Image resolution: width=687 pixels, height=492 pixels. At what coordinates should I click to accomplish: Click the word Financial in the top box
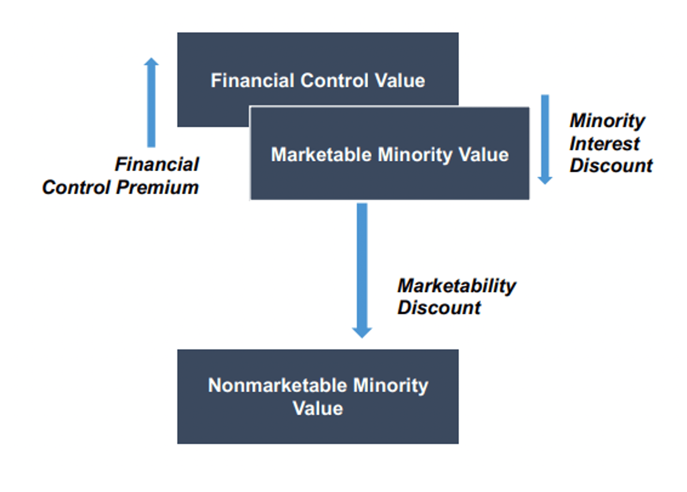tap(253, 80)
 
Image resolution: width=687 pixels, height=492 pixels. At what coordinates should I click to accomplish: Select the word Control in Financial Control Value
tap(335, 80)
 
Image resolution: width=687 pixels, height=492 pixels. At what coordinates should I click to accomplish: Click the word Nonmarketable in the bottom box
tap(278, 385)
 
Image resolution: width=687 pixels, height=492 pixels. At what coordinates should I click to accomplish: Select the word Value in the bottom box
tap(318, 408)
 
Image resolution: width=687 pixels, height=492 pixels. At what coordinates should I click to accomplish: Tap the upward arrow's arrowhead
tap(151, 62)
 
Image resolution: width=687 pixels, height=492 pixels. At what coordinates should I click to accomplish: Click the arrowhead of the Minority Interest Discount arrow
tap(545, 180)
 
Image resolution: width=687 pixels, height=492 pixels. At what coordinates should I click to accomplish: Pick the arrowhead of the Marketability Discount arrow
tap(362, 332)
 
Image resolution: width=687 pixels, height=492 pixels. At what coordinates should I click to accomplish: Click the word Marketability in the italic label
tap(457, 286)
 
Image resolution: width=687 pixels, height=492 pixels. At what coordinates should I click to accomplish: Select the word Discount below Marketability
tap(439, 308)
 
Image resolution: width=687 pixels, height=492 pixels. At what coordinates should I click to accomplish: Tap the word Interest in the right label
tap(604, 143)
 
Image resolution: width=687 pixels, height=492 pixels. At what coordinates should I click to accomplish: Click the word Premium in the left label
tap(157, 187)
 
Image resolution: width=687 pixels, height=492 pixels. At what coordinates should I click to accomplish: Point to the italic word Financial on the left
tap(157, 164)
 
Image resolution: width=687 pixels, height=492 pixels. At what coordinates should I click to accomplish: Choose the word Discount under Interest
tap(611, 166)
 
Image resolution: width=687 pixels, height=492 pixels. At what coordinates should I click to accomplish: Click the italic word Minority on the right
tap(607, 121)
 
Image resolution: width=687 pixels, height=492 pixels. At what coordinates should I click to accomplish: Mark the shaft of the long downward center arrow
tap(362, 263)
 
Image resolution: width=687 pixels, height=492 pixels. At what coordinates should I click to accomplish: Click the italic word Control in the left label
tap(76, 187)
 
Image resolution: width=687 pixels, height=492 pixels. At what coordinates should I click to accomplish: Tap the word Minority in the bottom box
tap(390, 385)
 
